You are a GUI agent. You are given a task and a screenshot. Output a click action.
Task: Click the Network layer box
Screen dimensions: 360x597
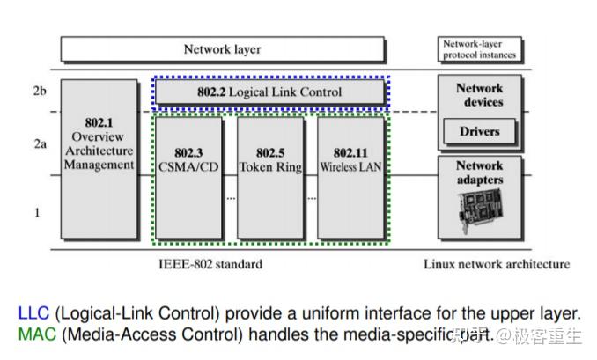click(x=222, y=49)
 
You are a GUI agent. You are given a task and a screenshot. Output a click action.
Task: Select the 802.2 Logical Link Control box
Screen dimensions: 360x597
click(x=270, y=92)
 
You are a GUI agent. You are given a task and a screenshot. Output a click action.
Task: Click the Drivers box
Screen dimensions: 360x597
click(x=479, y=132)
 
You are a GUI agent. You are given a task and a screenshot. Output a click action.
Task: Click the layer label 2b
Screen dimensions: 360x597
click(x=39, y=91)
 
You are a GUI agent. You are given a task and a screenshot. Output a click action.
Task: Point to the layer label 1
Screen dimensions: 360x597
click(x=37, y=212)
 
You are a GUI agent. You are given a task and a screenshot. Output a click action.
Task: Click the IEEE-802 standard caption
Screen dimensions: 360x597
click(x=211, y=264)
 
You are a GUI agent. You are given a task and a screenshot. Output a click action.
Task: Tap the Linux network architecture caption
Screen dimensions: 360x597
click(x=496, y=264)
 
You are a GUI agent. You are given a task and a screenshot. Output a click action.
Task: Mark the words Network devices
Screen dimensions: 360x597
click(x=479, y=95)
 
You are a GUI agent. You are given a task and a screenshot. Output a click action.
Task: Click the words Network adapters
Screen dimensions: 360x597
click(x=479, y=173)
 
